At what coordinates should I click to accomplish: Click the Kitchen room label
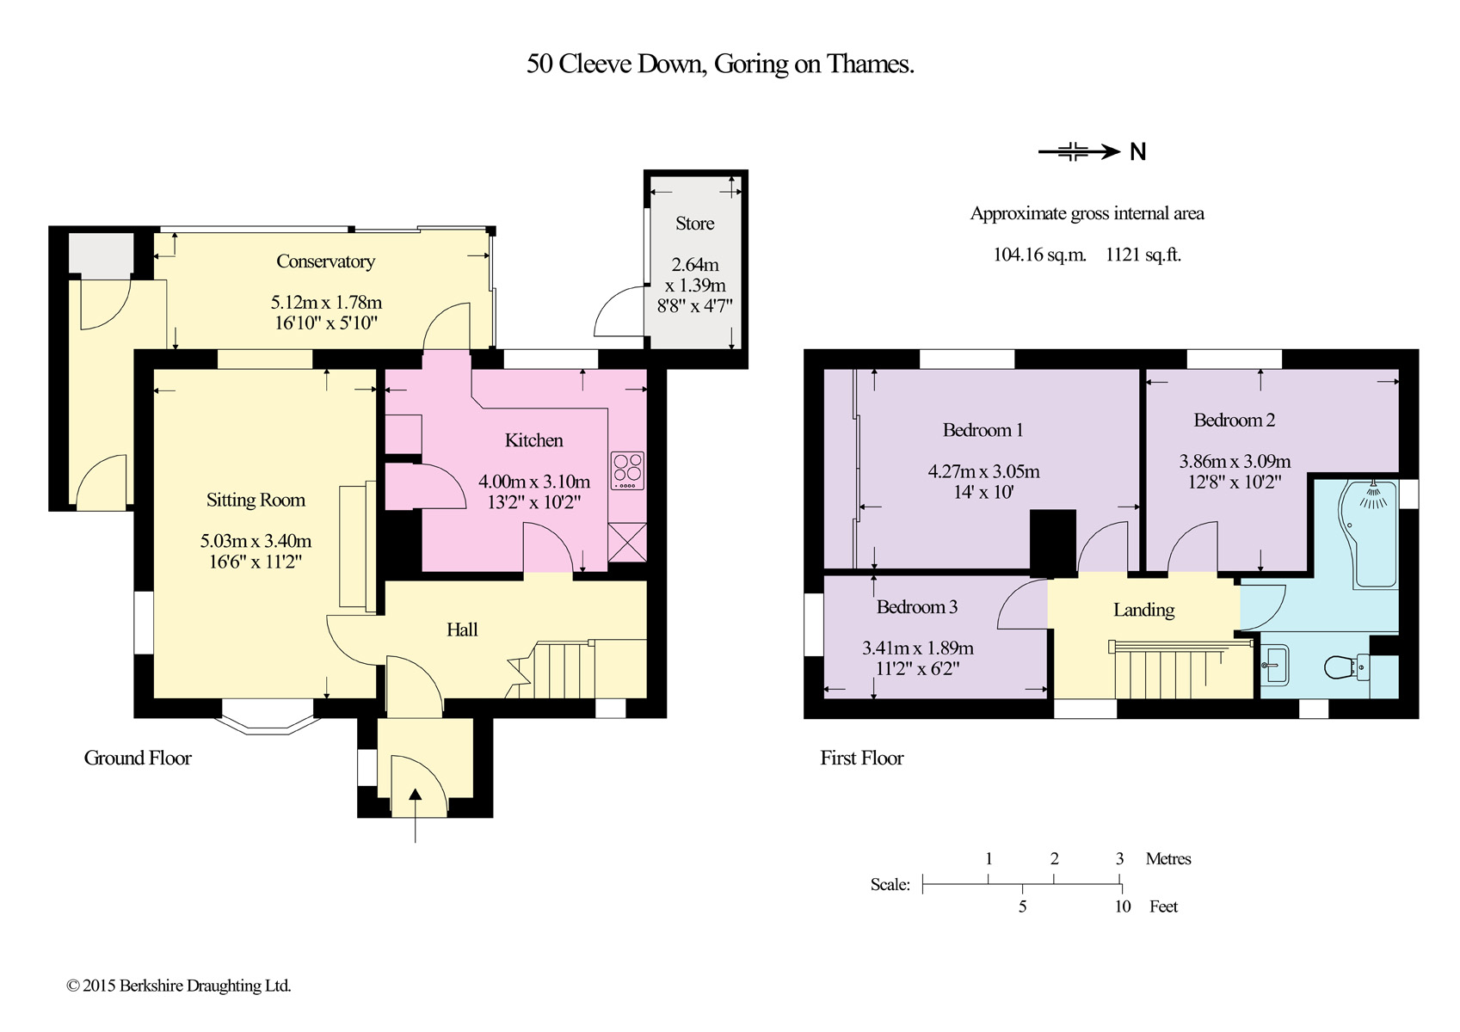(x=533, y=440)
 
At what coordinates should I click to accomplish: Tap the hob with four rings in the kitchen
(x=628, y=470)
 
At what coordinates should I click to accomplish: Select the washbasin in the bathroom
(x=1274, y=665)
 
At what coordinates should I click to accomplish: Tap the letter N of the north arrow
(x=1137, y=152)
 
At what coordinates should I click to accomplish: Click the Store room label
(x=695, y=224)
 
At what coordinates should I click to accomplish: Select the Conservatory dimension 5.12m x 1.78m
(x=326, y=303)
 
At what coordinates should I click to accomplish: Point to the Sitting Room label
(x=256, y=500)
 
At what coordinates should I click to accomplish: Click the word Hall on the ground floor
(x=462, y=630)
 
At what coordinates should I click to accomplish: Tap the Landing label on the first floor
(x=1144, y=610)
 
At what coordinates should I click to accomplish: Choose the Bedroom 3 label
(x=917, y=607)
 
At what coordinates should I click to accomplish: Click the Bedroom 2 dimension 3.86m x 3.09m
(x=1235, y=461)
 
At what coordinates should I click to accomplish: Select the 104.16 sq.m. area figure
(x=1039, y=254)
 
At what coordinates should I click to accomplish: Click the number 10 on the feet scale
(x=1123, y=906)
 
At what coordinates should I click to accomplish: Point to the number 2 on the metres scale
(x=1055, y=858)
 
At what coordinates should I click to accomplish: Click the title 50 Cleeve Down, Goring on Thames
(x=720, y=64)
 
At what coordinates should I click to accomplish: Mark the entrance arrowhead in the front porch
(x=416, y=794)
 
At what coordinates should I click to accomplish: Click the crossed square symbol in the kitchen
(x=628, y=542)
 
